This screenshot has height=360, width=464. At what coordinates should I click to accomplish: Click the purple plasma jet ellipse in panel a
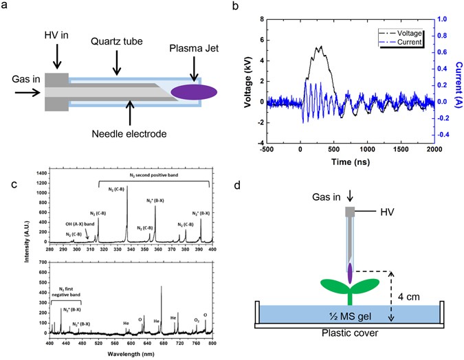coord(196,90)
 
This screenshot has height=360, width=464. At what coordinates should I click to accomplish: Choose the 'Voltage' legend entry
coord(404,32)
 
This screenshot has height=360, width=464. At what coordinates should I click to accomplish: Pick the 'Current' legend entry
coord(405,41)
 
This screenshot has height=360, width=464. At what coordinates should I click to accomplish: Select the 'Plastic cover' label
coord(350,335)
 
